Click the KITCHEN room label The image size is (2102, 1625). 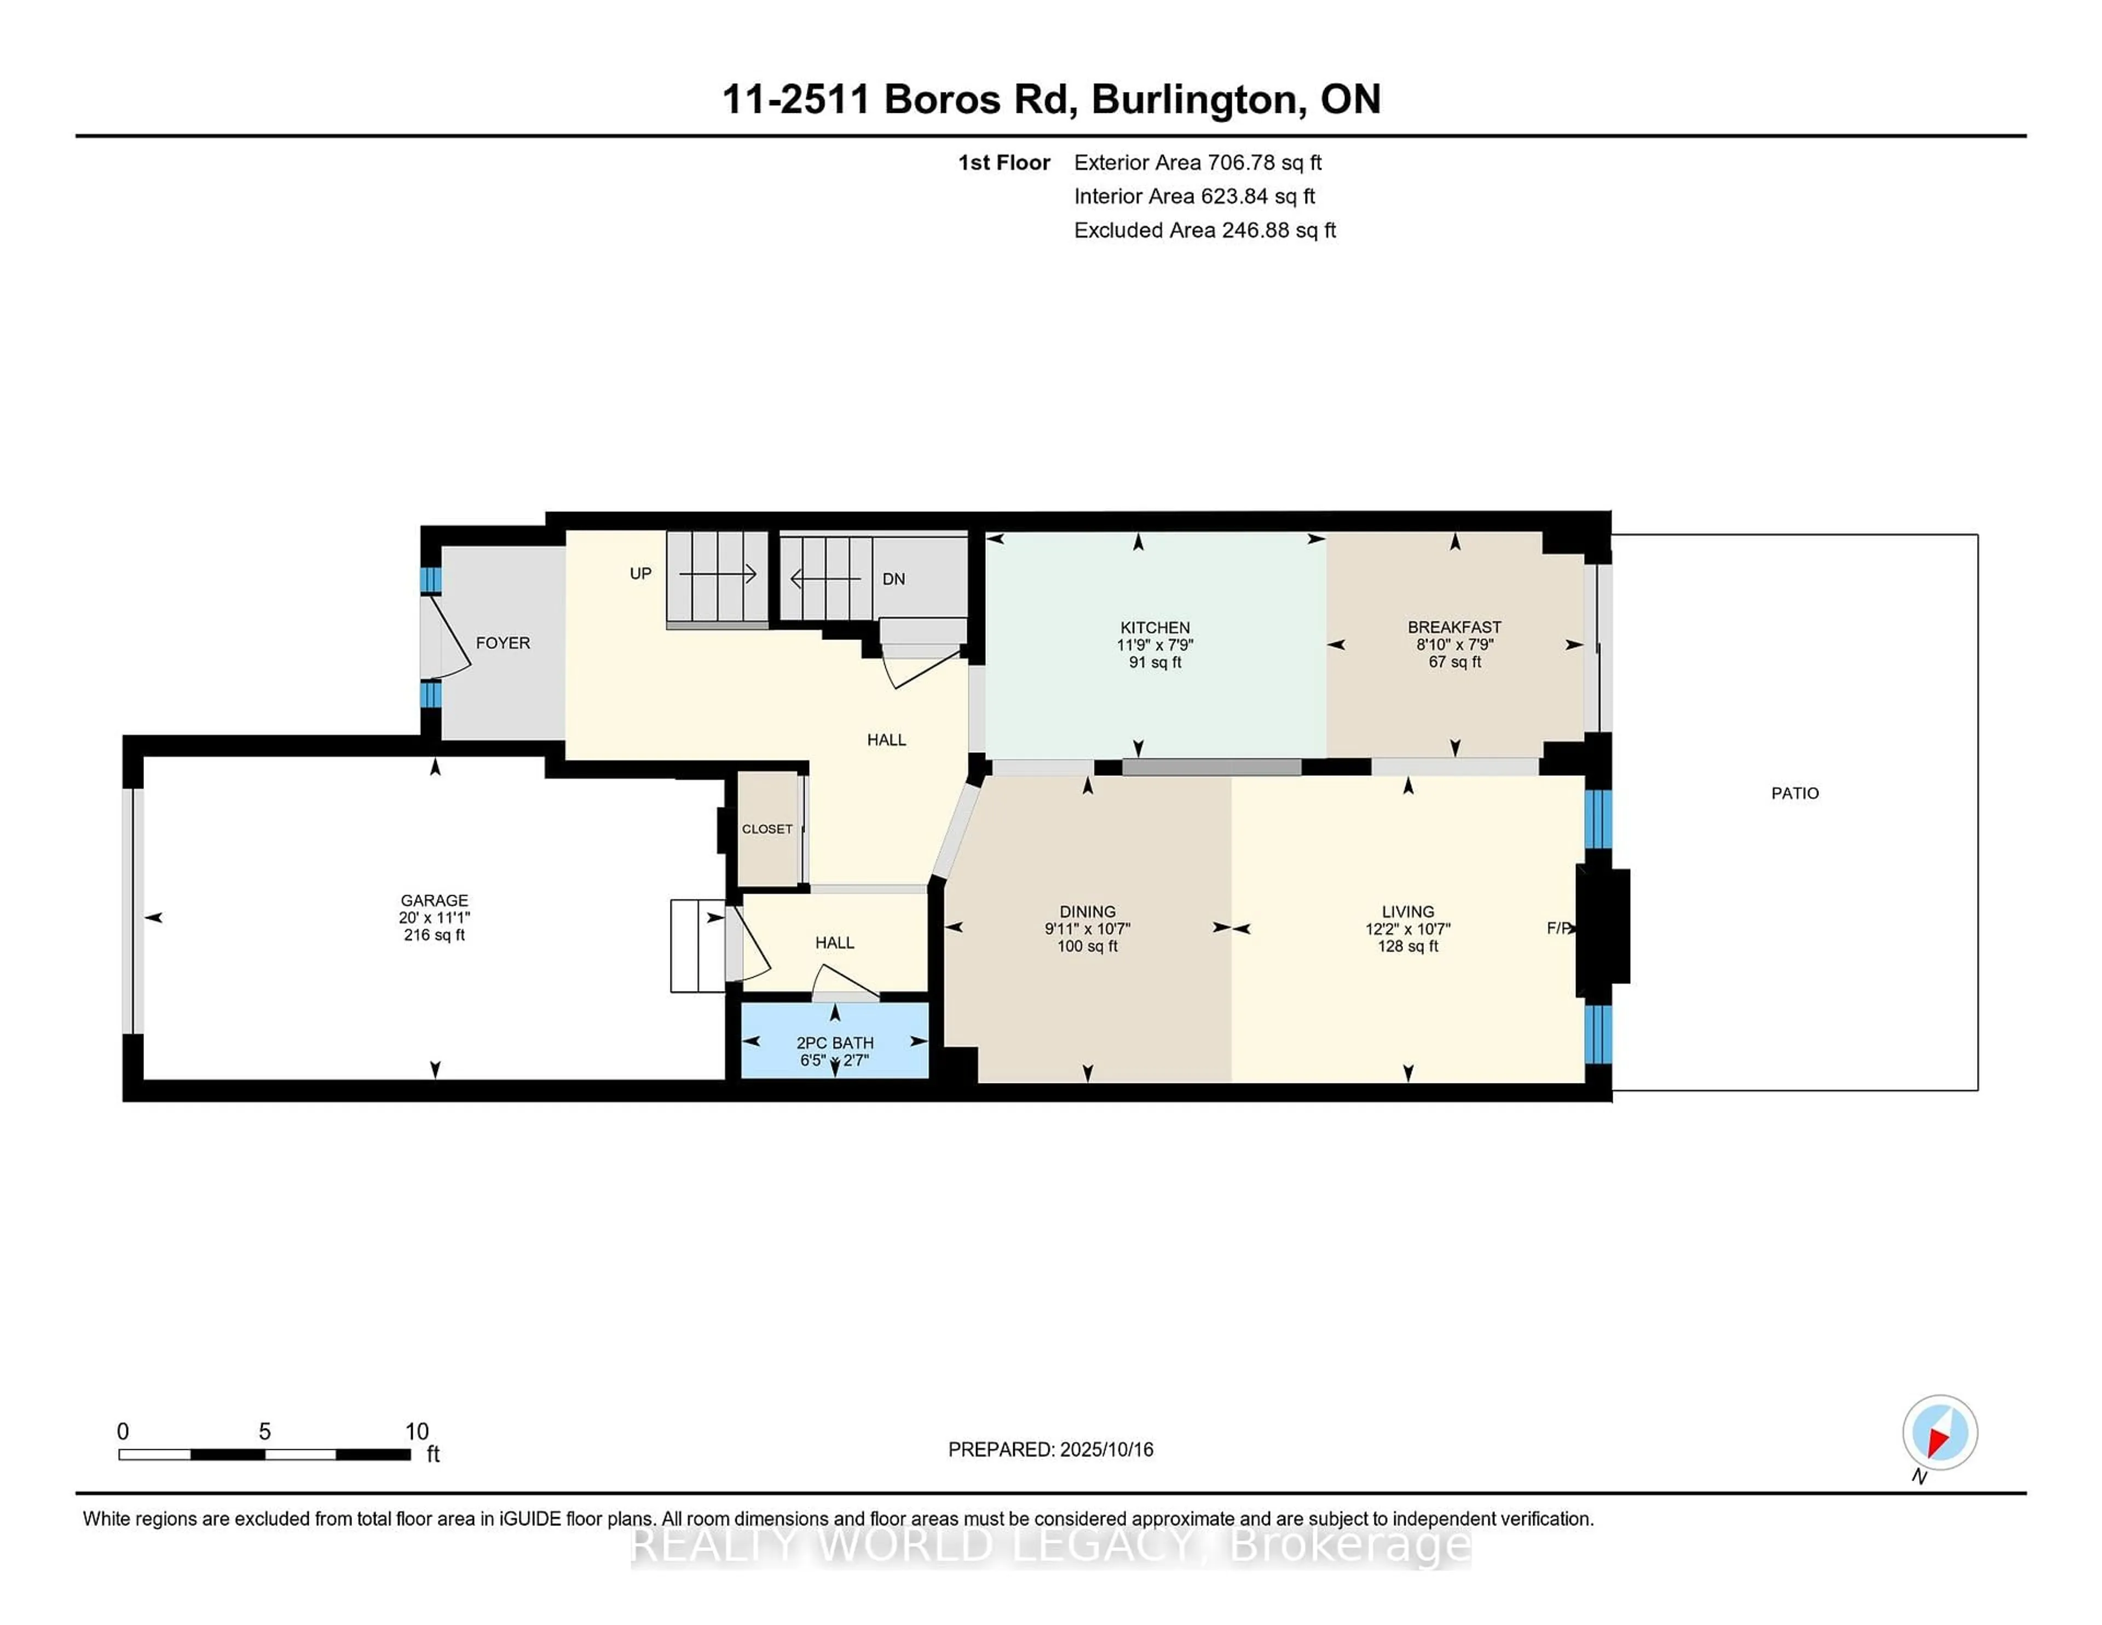click(1155, 627)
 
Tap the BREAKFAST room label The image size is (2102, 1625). click(1454, 627)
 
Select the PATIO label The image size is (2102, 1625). click(1795, 793)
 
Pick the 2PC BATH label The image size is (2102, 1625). click(834, 1042)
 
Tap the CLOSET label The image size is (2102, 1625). click(767, 829)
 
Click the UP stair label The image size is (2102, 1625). click(640, 574)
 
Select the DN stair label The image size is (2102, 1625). click(893, 579)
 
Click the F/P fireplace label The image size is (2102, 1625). click(1559, 928)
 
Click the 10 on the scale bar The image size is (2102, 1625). click(417, 1432)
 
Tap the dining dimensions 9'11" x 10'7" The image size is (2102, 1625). click(1088, 929)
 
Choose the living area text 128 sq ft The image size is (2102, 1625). click(1408, 946)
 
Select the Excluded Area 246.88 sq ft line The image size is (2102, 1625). click(1205, 230)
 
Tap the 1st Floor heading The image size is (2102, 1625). click(1004, 163)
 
